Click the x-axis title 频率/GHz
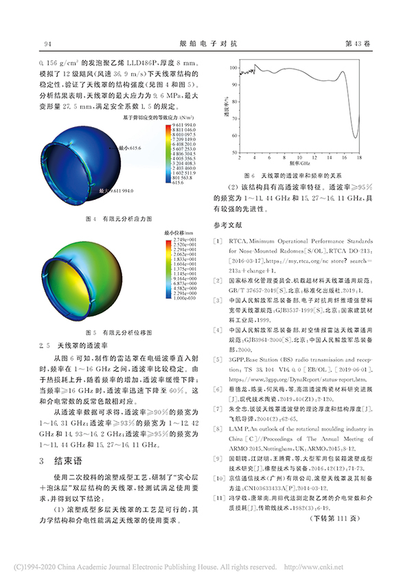(x=300, y=165)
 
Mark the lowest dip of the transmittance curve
(x=355, y=135)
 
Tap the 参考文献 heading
(x=229, y=225)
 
